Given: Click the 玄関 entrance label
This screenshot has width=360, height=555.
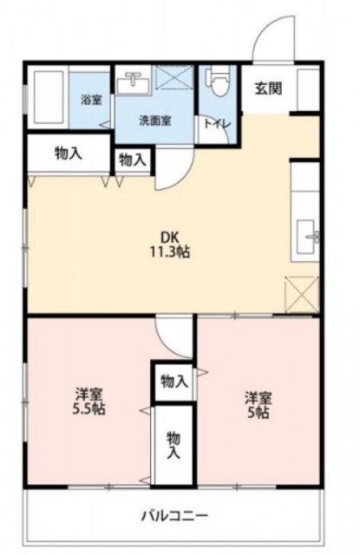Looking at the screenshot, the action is (x=269, y=88).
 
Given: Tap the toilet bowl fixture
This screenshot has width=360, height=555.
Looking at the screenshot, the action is (x=217, y=81).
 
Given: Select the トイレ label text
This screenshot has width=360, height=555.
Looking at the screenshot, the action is (x=218, y=124).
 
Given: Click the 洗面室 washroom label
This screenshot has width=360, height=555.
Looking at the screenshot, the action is (x=155, y=121).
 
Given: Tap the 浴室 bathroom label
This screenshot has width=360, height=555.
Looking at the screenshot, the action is (x=91, y=100).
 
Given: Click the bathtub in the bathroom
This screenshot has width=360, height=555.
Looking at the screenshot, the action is (x=49, y=96).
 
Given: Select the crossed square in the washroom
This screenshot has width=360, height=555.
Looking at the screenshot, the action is (x=173, y=81).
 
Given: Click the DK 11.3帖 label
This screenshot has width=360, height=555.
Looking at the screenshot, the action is (x=170, y=245).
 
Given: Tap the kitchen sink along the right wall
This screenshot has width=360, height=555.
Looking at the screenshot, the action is (x=305, y=237).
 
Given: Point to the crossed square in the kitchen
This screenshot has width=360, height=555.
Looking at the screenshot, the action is (x=302, y=295).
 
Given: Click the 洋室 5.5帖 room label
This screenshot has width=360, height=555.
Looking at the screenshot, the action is (x=88, y=402).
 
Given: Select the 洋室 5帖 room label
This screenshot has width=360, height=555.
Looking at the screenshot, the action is (x=259, y=405).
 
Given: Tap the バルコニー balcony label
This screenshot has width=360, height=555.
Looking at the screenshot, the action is (x=174, y=516).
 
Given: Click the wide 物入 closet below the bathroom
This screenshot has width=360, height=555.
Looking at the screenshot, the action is (x=69, y=153).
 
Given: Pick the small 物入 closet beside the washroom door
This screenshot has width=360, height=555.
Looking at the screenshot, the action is (x=133, y=160).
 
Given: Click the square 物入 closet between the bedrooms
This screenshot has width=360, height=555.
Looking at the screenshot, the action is (x=173, y=382).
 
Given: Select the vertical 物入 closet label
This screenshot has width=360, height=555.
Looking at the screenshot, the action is (x=173, y=444).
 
